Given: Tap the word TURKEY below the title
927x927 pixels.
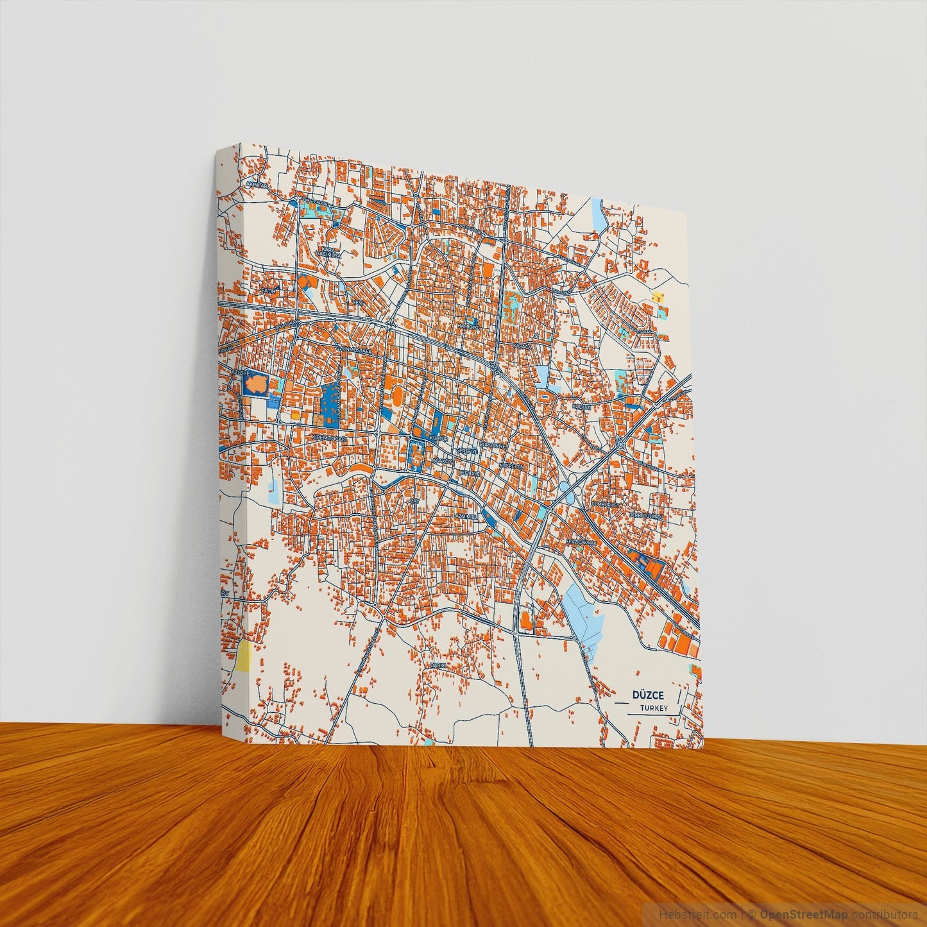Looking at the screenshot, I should [x=654, y=708].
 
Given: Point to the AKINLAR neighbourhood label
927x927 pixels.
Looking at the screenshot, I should [x=256, y=185].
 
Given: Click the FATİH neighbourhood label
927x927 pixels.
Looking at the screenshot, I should [x=268, y=290].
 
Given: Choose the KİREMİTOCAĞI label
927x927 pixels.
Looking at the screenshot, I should [x=328, y=438].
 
